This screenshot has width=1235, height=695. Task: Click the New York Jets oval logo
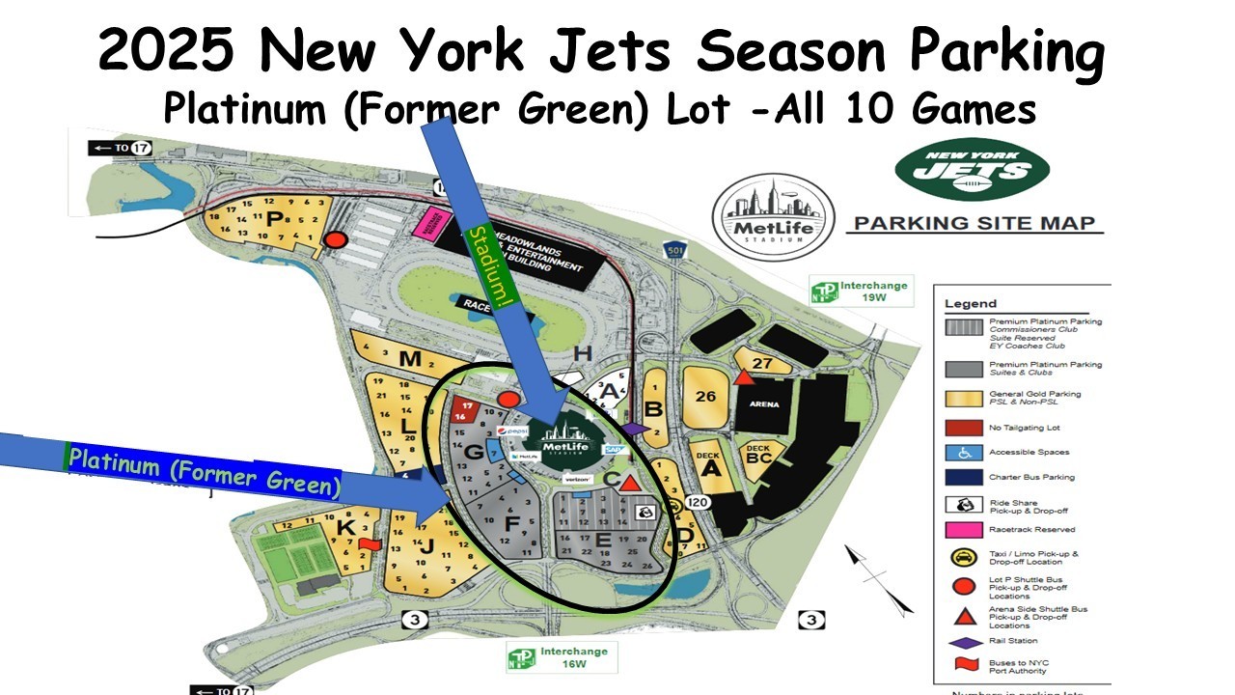pyautogui.click(x=972, y=171)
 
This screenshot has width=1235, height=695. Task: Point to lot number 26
pyautogui.click(x=706, y=396)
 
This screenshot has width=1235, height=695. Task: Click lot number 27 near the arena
pyautogui.click(x=762, y=364)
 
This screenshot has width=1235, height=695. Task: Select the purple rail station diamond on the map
pyautogui.click(x=634, y=428)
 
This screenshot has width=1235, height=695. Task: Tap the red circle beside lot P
pyautogui.click(x=335, y=240)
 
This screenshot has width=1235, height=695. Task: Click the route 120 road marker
pyautogui.click(x=699, y=503)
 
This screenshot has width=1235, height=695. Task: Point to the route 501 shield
pyautogui.click(x=674, y=252)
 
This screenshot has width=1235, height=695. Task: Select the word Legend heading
pyautogui.click(x=971, y=303)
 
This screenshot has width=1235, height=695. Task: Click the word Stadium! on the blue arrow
pyautogui.click(x=488, y=267)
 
